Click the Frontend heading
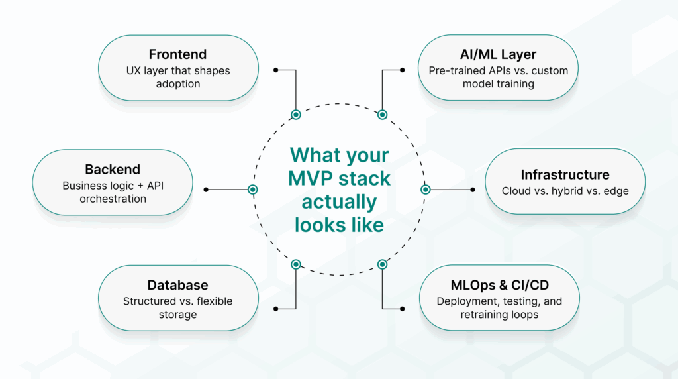[x=177, y=54]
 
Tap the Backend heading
[x=113, y=169]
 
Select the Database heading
[x=177, y=285]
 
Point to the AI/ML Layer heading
[x=498, y=54]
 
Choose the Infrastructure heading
[x=565, y=175]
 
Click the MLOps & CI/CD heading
[x=499, y=285]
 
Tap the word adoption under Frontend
[x=178, y=84]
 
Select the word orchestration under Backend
[x=113, y=199]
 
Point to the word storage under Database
[x=177, y=315]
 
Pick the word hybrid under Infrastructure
[x=567, y=191]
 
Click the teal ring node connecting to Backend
[x=253, y=189]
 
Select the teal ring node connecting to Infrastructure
[x=426, y=189]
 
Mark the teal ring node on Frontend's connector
[x=296, y=115]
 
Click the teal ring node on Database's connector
[x=296, y=264]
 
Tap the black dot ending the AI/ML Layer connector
[x=402, y=70]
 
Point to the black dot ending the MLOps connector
[x=402, y=309]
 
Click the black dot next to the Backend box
[x=206, y=189]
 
